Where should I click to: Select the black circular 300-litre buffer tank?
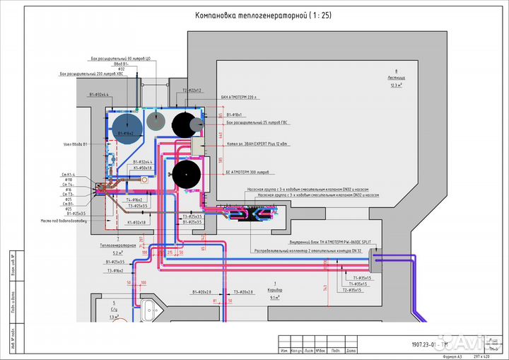point(187,173)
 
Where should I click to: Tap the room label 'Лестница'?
point(396,77)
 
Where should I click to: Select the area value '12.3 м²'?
point(396,85)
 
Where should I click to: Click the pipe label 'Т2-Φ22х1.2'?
point(192,91)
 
